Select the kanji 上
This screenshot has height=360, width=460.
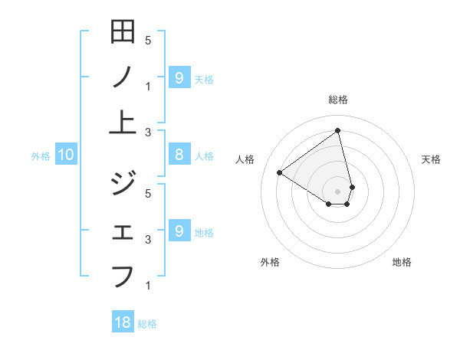coord(123,122)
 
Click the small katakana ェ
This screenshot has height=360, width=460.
coord(123,232)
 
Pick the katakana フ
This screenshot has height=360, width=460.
coord(123,275)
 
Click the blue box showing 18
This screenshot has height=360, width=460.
coord(123,322)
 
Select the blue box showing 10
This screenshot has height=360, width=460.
coord(66,155)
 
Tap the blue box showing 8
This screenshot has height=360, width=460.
coord(179,155)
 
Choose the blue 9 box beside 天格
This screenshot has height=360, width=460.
coord(179,77)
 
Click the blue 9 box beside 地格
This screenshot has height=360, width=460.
coord(179,231)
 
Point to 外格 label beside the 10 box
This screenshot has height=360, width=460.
coord(41,156)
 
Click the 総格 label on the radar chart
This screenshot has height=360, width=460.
coord(338,100)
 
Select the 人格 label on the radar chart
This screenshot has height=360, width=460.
coord(245,159)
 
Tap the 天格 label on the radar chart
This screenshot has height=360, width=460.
coord(432,159)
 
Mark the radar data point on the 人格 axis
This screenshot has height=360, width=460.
coord(279,172)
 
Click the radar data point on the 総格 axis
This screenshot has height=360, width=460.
coord(338,130)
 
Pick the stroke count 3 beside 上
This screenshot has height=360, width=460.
coord(148,132)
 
